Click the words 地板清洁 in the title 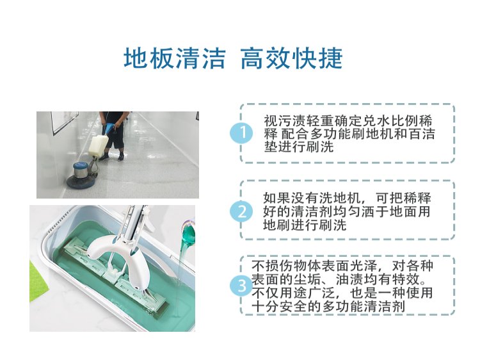click(175, 58)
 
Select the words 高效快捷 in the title click(291, 58)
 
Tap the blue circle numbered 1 click(242, 133)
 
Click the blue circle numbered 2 click(242, 211)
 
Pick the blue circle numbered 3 click(242, 286)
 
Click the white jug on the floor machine click(99, 145)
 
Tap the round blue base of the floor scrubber click(81, 179)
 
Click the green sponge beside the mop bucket click(39, 281)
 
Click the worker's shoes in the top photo click(112, 157)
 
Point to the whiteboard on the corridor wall click(64, 122)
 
